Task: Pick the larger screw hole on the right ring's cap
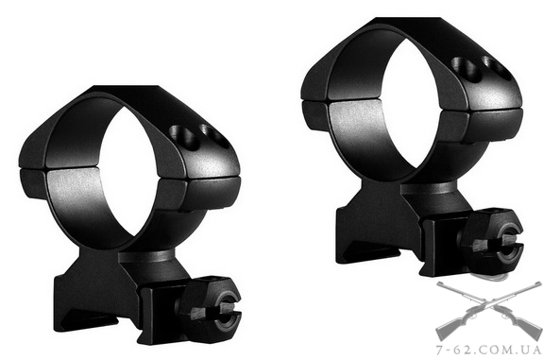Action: pos(466,68)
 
